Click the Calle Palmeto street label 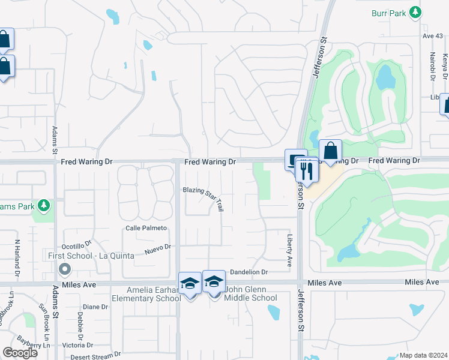(145, 229)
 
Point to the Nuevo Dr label (157, 247)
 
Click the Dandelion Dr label (248, 272)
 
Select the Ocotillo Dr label (76, 246)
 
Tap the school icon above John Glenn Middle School (214, 281)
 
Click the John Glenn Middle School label (250, 298)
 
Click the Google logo (20, 352)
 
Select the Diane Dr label (95, 307)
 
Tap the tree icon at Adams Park (43, 206)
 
